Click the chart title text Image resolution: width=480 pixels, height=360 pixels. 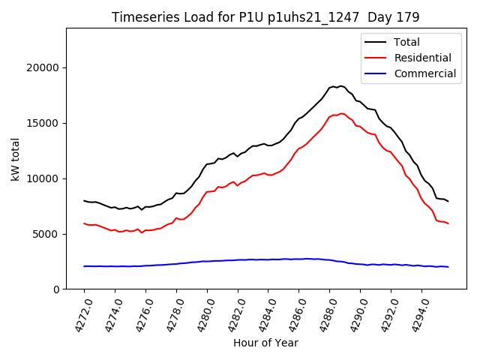click(265, 16)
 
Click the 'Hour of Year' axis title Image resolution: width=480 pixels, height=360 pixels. click(265, 343)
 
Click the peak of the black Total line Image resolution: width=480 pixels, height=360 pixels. click(340, 86)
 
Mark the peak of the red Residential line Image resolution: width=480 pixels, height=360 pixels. click(341, 114)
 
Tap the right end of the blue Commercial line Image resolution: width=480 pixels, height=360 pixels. click(448, 267)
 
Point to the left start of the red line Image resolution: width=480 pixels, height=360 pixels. click(84, 223)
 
